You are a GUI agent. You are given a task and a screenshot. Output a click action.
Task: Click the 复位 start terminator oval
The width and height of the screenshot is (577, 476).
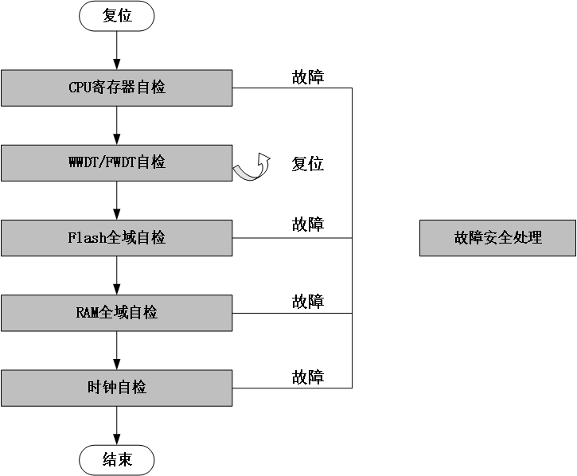pos(117,16)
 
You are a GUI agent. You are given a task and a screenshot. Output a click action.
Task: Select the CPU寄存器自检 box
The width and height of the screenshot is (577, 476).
pos(117,88)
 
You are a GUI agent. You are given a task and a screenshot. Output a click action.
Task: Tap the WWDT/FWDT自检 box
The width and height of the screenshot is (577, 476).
pos(117,163)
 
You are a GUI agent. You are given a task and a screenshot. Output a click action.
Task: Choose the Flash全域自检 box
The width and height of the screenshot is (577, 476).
pos(117,238)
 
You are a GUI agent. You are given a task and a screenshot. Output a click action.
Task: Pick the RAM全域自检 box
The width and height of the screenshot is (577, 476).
pos(117,313)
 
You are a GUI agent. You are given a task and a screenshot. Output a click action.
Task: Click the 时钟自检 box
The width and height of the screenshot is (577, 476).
pos(117,388)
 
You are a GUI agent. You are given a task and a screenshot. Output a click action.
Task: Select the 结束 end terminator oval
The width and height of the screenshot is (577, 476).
pos(117,460)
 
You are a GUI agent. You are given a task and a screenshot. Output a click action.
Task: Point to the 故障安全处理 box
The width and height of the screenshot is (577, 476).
pos(498,238)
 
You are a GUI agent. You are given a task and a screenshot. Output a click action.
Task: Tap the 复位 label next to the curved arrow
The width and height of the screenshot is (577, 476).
pos(308,164)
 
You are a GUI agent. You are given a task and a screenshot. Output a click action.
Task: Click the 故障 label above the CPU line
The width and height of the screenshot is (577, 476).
pos(308,77)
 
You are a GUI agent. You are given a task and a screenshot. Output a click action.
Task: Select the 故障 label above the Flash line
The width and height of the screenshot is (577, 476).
pos(308,224)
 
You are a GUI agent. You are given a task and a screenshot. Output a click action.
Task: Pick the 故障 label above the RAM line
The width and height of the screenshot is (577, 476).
pos(308,302)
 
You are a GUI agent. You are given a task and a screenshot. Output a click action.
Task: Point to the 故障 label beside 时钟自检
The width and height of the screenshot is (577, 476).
pos(308,377)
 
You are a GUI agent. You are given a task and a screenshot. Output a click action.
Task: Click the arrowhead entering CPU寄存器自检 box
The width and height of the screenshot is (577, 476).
pos(117,64)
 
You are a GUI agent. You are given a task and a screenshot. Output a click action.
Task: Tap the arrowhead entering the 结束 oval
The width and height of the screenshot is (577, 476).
pos(117,439)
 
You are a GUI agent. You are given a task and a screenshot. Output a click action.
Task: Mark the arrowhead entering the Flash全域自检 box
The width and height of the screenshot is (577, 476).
pos(117,215)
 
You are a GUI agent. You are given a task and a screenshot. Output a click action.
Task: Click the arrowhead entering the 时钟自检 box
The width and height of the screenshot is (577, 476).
pos(117,365)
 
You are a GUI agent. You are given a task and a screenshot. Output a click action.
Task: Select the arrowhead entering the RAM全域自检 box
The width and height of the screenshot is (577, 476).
pos(117,290)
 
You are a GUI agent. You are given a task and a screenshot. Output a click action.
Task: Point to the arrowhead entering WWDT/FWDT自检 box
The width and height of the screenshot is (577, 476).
pos(117,139)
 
